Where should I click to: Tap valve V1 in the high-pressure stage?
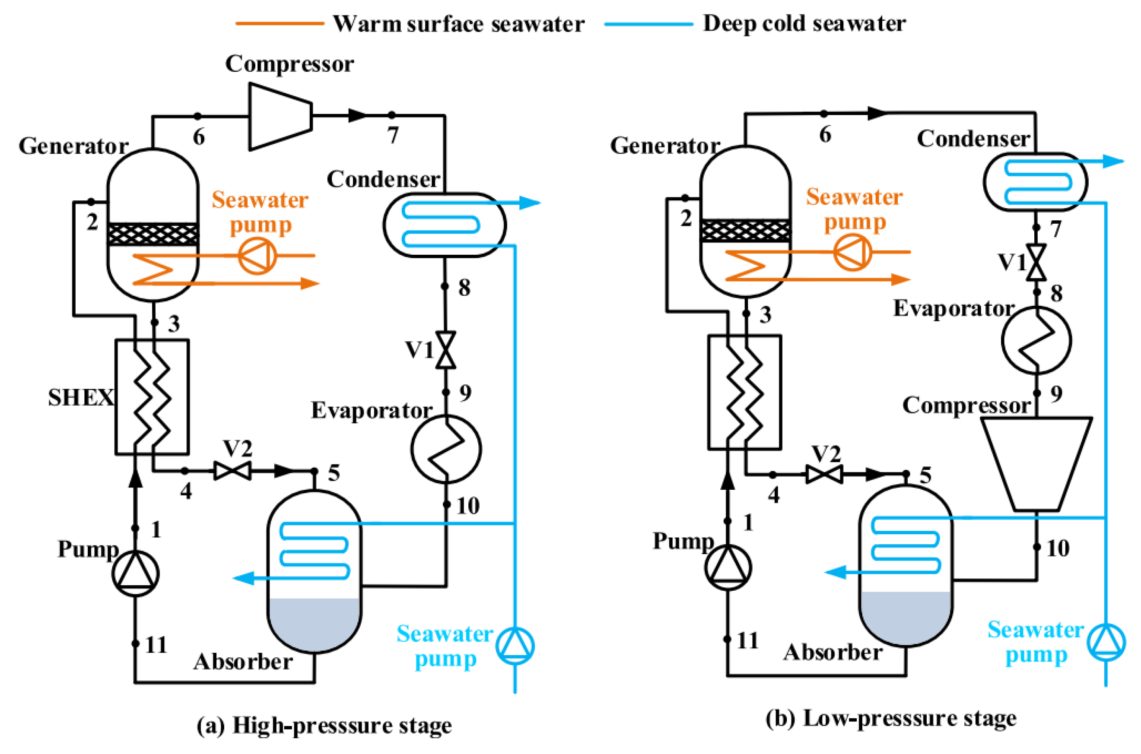point(445,350)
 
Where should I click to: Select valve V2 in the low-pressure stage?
point(824,475)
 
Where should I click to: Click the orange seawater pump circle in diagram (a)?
point(257,256)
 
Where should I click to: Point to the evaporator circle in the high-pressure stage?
point(446,449)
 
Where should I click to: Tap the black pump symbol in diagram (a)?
point(135,573)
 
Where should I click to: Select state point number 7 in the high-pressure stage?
point(393,135)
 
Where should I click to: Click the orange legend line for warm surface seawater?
point(279,23)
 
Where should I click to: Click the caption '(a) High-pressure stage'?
point(324,725)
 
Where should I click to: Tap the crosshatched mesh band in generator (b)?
point(745,230)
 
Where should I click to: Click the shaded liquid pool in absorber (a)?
point(314,623)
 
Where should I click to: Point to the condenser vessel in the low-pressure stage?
point(1034,182)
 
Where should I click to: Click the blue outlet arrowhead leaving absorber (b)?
point(835,572)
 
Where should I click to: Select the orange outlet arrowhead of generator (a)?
point(310,283)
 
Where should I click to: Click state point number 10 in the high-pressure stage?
point(468,506)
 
